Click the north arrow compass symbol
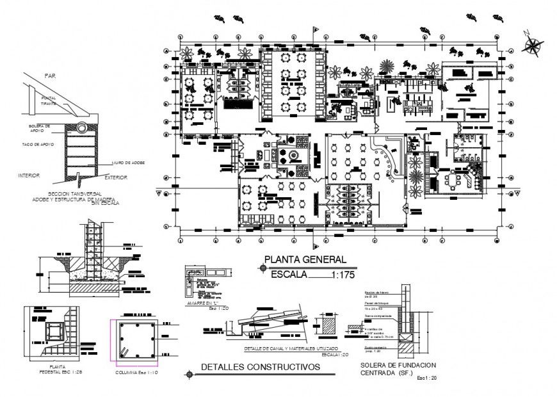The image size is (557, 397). pyautogui.click(x=531, y=44)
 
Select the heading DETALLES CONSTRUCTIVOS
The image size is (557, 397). pyautogui.click(x=260, y=367)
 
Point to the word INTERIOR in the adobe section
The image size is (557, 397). pyautogui.click(x=30, y=175)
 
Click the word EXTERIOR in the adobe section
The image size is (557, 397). pyautogui.click(x=116, y=177)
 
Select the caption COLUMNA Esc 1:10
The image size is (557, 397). pyautogui.click(x=137, y=372)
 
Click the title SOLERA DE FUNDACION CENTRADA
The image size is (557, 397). pyautogui.click(x=390, y=369)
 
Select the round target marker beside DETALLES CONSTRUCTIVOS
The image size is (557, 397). pyautogui.click(x=188, y=373)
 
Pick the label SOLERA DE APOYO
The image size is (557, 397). pyautogui.click(x=40, y=129)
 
